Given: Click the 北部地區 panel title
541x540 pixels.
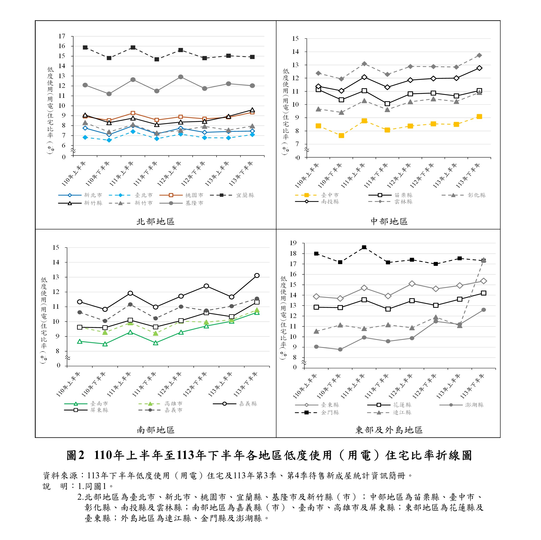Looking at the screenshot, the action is (155, 222).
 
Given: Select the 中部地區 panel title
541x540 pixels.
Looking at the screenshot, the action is (389, 222).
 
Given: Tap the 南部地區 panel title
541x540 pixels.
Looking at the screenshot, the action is (156, 430).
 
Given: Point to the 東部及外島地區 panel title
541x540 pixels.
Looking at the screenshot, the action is (389, 430).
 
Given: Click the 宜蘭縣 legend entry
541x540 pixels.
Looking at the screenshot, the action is (232, 195).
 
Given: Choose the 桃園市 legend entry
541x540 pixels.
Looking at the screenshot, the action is (181, 195).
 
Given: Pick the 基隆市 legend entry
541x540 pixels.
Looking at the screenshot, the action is (181, 203).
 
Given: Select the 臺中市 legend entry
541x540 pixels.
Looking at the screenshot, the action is (317, 195).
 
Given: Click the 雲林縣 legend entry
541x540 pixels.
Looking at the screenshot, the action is (390, 202).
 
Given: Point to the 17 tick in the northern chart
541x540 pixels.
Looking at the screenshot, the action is (62, 36).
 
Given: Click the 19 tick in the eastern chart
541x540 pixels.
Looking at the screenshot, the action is (293, 243).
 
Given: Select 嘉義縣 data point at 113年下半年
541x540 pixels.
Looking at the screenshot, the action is (257, 276).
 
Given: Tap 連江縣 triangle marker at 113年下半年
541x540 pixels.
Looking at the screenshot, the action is (483, 260).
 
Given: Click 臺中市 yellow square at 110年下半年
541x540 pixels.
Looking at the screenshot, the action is (341, 136).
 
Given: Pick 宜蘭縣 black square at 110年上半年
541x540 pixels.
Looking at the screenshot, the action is (85, 48).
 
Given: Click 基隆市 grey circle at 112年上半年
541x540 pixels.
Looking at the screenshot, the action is (181, 77).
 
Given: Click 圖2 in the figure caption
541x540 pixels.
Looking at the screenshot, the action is (75, 455).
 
